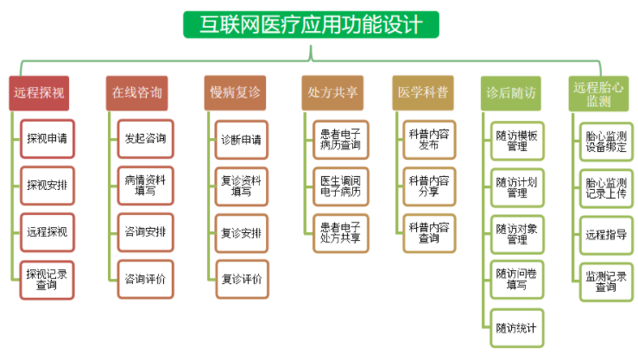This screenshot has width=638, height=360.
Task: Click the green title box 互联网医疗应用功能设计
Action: (x=312, y=25)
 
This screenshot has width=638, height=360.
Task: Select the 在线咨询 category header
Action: (x=136, y=93)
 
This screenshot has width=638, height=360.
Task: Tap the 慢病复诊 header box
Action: (x=235, y=92)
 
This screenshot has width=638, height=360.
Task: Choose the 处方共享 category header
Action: (x=332, y=92)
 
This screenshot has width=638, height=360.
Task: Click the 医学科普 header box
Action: (x=423, y=92)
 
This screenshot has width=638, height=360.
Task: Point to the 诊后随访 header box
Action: (x=511, y=93)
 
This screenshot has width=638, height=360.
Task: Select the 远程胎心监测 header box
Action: (x=598, y=94)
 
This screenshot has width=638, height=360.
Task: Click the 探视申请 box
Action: (x=47, y=139)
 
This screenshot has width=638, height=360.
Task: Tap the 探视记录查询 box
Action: (x=47, y=281)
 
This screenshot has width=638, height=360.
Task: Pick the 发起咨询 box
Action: (x=145, y=139)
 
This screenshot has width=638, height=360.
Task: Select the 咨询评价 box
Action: (x=145, y=280)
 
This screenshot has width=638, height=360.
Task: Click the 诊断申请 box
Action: (x=241, y=140)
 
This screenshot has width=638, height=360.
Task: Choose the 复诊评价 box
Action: (x=242, y=280)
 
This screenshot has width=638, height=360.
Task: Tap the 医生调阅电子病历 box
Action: (x=340, y=186)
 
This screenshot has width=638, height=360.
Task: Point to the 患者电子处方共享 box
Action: (x=340, y=233)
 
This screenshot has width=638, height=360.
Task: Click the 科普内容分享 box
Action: (x=429, y=186)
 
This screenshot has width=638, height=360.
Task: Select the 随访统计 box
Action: (x=517, y=328)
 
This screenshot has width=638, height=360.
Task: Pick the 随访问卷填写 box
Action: (x=517, y=280)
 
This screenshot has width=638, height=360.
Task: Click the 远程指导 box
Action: (x=606, y=235)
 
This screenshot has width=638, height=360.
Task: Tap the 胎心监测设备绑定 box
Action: (x=606, y=142)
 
